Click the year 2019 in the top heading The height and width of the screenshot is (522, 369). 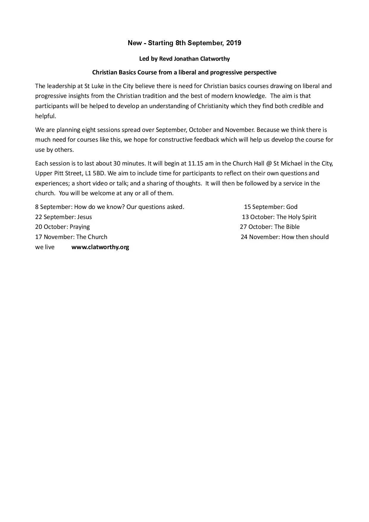point(234,43)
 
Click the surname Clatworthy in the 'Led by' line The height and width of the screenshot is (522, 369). point(215,59)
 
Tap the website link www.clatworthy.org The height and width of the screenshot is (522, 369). point(100,247)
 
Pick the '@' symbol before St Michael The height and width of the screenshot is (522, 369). point(269,163)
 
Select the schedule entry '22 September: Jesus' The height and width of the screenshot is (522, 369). point(63,217)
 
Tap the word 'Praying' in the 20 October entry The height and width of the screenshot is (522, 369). point(79,227)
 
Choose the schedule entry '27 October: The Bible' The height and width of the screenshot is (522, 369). point(270,227)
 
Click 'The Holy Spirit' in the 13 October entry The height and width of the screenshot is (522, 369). point(296,217)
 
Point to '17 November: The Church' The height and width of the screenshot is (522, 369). point(71,237)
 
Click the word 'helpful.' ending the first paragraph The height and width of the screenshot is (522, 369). point(46,116)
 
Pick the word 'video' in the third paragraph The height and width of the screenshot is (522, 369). point(100,183)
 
